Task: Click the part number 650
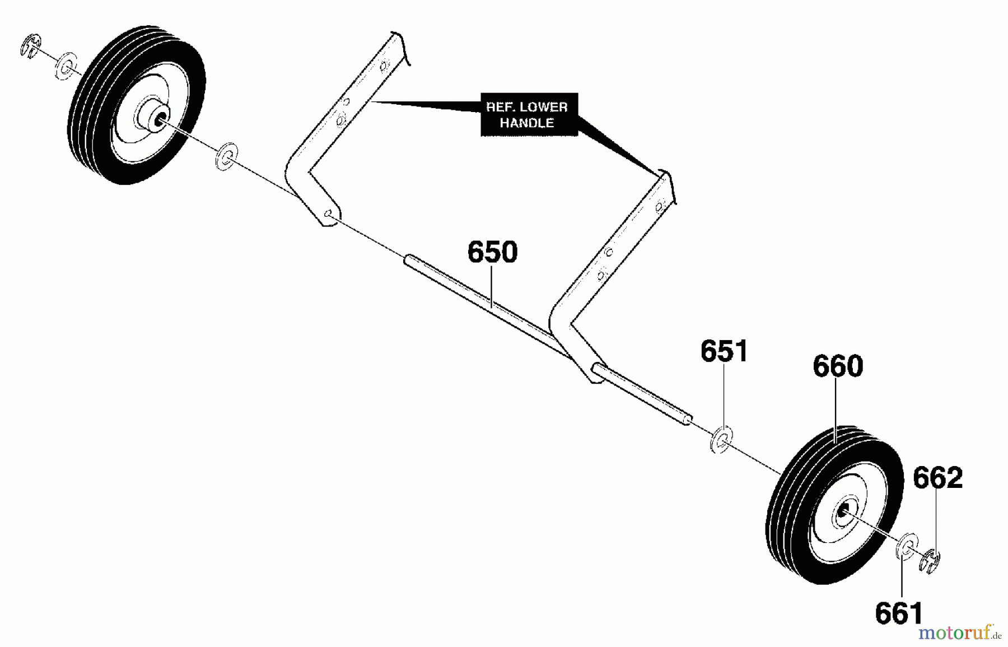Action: (492, 252)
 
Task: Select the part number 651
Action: (724, 351)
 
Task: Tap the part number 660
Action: (838, 366)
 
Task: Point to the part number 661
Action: (899, 613)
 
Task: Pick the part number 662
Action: (937, 478)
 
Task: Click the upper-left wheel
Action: (136, 105)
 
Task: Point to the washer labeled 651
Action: (722, 440)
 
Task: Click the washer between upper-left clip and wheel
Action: (66, 66)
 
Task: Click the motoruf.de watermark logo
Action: (958, 634)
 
